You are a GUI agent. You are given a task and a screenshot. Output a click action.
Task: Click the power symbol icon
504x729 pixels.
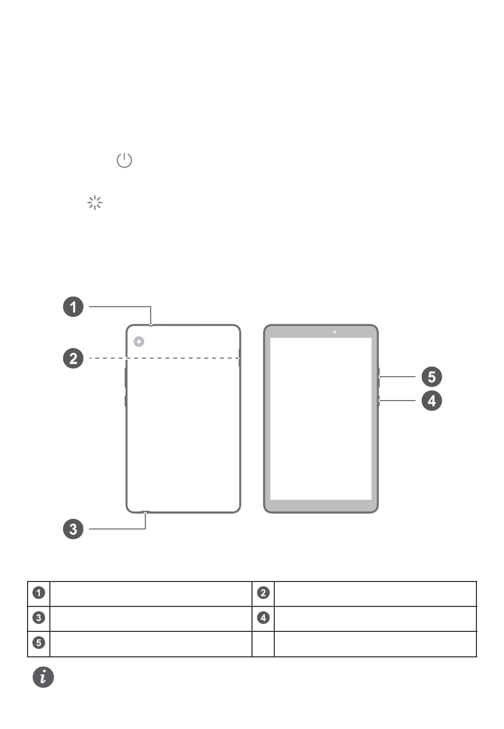[124, 160]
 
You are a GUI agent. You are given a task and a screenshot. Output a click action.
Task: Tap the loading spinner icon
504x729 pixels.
[94, 203]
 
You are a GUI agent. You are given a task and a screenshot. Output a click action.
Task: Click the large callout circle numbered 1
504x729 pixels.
[73, 307]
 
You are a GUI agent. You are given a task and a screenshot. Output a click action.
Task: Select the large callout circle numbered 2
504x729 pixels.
[73, 358]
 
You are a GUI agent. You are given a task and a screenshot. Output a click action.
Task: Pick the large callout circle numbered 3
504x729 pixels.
[73, 529]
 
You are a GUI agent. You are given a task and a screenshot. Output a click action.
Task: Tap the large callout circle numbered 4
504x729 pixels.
[432, 401]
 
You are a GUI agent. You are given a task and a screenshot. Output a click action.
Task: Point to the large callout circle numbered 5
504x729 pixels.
[432, 377]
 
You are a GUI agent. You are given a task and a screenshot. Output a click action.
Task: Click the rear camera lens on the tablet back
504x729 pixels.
[139, 342]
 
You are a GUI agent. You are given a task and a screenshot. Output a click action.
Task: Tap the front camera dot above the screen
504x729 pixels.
[334, 332]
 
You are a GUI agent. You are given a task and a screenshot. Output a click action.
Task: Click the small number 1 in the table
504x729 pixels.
[39, 593]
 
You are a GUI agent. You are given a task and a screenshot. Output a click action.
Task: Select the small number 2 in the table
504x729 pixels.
[263, 593]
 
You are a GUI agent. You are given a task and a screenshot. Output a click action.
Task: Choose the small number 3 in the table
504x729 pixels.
[39, 618]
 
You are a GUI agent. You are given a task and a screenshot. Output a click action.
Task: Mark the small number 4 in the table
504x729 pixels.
[263, 618]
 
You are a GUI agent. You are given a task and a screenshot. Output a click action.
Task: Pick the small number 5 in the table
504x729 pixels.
[39, 643]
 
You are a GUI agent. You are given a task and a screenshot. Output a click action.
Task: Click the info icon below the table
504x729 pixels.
[44, 677]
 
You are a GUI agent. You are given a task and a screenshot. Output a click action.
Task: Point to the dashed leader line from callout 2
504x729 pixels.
[164, 358]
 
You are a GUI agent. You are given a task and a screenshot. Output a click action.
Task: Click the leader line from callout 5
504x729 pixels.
[397, 377]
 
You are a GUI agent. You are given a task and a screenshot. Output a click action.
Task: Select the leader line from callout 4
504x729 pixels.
[397, 400]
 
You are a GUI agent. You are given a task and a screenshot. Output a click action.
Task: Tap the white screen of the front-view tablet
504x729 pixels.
[321, 419]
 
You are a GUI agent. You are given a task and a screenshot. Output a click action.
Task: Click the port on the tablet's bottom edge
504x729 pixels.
[145, 512]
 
